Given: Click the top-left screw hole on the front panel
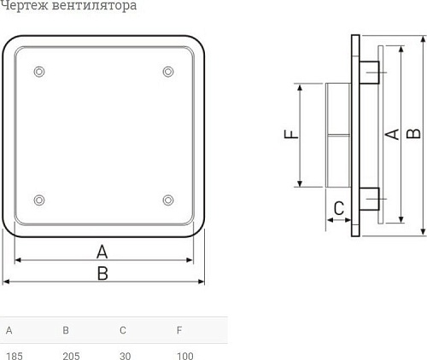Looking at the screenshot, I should pos(38,71).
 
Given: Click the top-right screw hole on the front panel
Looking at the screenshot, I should pos(167,71).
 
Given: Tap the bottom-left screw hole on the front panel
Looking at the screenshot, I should pos(38,200).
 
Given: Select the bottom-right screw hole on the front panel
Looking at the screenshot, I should pos(167,200).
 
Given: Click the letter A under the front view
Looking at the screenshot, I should pos(102,251).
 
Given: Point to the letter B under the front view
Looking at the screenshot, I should pos(102,273).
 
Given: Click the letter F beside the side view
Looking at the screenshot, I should pos(290,135).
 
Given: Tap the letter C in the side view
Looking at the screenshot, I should pos(338,207).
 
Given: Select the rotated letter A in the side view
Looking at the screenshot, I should pos(393,134).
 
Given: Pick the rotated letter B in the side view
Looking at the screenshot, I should pos(412,134).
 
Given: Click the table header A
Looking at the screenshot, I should pos(9,330).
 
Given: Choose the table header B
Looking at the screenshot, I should pos(66,330).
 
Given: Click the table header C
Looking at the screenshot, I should pos(123,330).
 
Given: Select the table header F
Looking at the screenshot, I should pos(179,330).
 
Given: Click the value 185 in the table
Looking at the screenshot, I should pos(14,355).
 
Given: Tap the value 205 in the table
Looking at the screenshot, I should pos(71,355).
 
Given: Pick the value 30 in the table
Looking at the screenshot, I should pos(126,355).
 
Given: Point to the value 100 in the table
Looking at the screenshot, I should pos(185,355).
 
